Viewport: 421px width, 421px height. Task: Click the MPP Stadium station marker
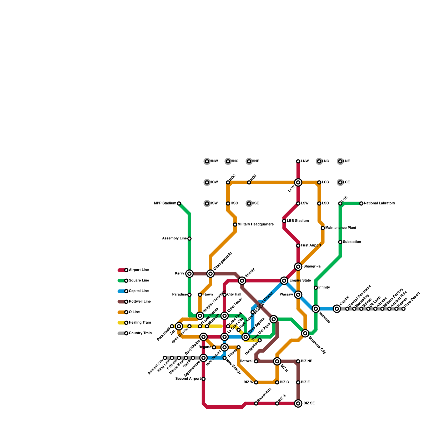coord(179,203)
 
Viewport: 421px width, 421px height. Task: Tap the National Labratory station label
coord(379,203)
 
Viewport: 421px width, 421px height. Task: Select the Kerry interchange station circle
coord(189,274)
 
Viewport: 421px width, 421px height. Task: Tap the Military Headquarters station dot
coord(235,224)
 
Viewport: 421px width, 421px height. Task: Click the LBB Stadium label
coord(298,221)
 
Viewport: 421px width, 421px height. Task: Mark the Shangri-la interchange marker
coord(298,267)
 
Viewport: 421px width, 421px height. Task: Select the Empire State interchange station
coord(284,280)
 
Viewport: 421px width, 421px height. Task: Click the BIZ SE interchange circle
coord(298,403)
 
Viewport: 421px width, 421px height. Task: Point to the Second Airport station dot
coord(203,379)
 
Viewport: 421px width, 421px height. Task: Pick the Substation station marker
coord(340,242)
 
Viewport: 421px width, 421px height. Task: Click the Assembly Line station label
coord(174,238)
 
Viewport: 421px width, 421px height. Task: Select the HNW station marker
coord(207,161)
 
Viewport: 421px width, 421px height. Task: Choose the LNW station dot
coord(298,161)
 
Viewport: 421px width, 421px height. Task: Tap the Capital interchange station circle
coord(337,309)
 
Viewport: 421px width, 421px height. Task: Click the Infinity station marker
coord(316,288)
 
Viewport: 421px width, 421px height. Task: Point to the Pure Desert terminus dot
coord(403,309)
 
